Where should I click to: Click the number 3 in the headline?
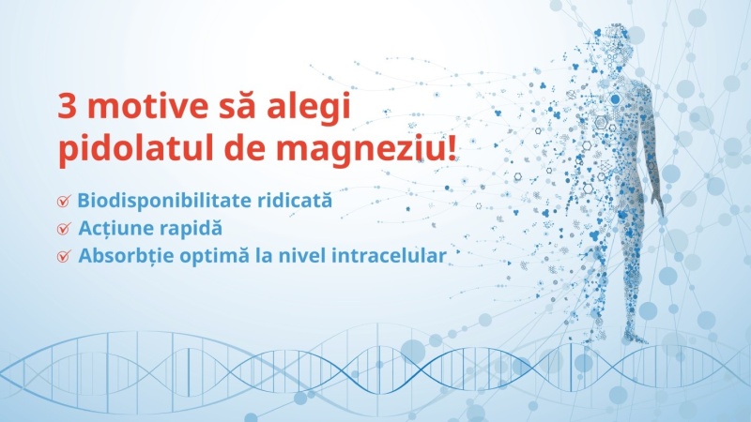69,106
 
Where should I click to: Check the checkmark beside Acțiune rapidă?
64,228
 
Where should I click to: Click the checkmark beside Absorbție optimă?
64,255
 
